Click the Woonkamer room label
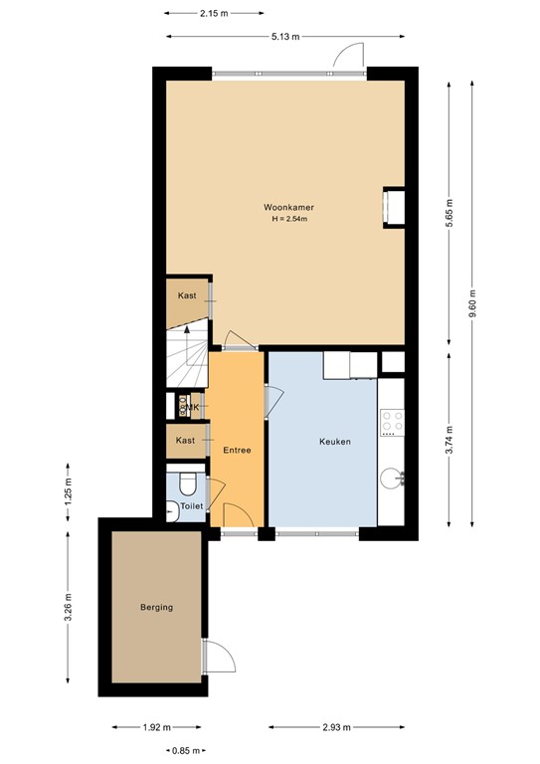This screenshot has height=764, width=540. coord(281,207)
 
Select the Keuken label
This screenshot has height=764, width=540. coord(334,442)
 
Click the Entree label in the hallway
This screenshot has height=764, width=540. coord(237,451)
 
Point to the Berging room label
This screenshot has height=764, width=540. coord(156,607)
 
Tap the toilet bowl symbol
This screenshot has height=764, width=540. coord(187,484)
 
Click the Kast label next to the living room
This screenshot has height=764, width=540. coord(186,296)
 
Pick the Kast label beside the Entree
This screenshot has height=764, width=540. coord(184,440)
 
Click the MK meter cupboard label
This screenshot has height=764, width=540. coord(192,407)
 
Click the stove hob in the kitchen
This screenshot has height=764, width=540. coord(392,423)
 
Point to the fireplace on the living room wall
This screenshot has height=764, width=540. coord(394,207)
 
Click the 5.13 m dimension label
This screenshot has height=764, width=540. coord(282,38)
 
